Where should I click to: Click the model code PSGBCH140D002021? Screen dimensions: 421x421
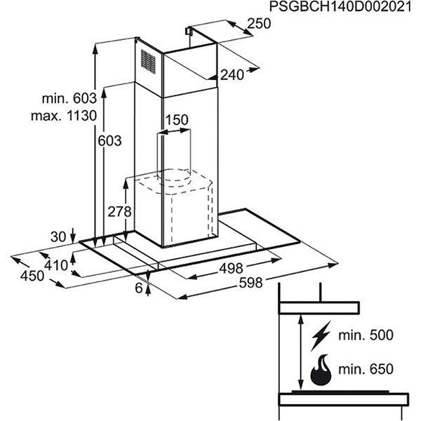pyautogui.click(x=340, y=7)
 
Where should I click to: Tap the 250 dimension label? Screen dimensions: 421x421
pyautogui.click(x=259, y=24)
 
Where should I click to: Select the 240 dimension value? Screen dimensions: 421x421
pyautogui.click(x=232, y=75)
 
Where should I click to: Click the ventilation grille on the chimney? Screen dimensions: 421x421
pyautogui.click(x=148, y=62)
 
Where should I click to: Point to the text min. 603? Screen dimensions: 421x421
pyautogui.click(x=69, y=98)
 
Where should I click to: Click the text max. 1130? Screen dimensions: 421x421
pyautogui.click(x=64, y=116)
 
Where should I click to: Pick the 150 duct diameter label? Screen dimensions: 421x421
pyautogui.click(x=177, y=120)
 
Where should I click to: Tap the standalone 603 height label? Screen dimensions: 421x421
pyautogui.click(x=109, y=141)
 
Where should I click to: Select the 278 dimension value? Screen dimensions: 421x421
pyautogui.click(x=119, y=212)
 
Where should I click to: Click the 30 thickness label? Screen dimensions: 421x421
pyautogui.click(x=58, y=237)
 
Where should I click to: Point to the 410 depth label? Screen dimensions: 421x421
pyautogui.click(x=56, y=265)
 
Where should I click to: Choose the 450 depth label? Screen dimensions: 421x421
pyautogui.click(x=32, y=276)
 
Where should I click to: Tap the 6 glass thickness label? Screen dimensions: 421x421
pyautogui.click(x=139, y=288)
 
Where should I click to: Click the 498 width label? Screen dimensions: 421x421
pyautogui.click(x=231, y=268)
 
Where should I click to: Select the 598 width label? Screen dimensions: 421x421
pyautogui.click(x=250, y=283)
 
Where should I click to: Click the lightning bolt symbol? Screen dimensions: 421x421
pyautogui.click(x=321, y=335)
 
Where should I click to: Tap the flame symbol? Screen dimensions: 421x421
pyautogui.click(x=321, y=370)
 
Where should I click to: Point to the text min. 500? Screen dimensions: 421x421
pyautogui.click(x=366, y=335)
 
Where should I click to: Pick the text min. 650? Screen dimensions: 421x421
pyautogui.click(x=366, y=369)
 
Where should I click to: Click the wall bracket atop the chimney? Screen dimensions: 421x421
pyautogui.click(x=188, y=30)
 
